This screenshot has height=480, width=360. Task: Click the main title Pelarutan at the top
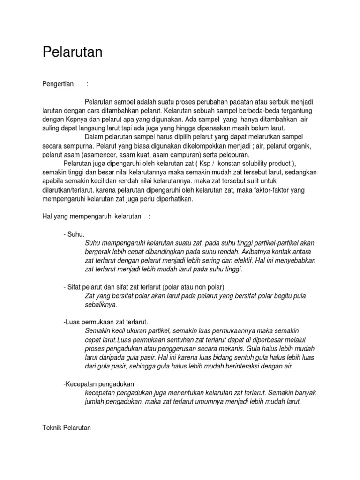click(72, 52)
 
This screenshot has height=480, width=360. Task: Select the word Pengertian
click(58, 84)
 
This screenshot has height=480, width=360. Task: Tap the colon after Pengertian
click(87, 84)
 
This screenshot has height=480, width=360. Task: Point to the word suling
click(51, 127)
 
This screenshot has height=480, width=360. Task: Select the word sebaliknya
click(101, 304)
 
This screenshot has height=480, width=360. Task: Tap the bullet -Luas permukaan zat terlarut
click(105, 322)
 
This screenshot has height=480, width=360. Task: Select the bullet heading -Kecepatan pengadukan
click(99, 384)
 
